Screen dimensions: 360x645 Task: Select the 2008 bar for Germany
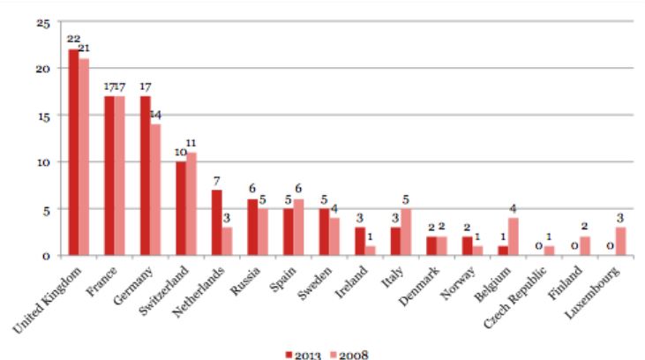[x=155, y=190]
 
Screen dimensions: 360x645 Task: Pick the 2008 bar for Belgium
[x=514, y=236]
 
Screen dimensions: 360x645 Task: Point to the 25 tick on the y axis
[x=42, y=21]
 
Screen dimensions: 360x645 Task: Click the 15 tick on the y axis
[x=42, y=116]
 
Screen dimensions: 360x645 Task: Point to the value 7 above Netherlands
[x=216, y=181]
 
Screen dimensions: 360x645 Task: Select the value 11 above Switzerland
[x=191, y=143]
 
